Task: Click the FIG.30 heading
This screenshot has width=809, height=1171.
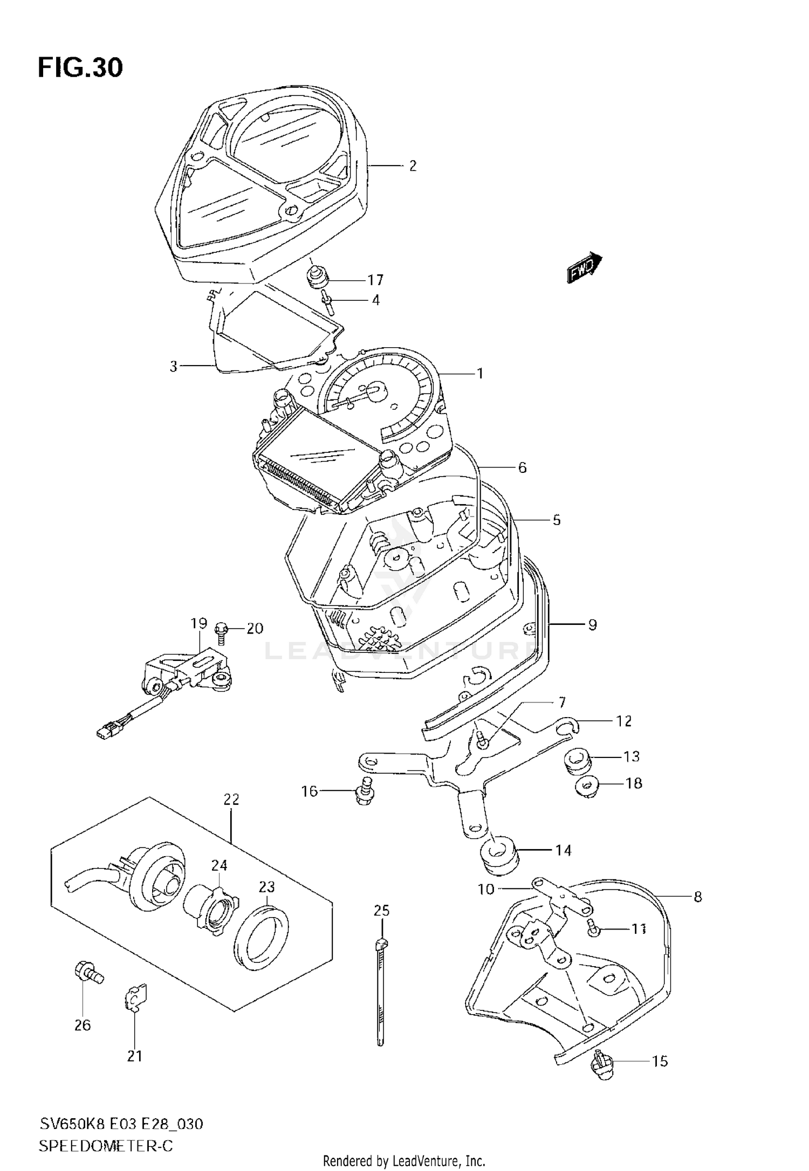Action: (x=80, y=68)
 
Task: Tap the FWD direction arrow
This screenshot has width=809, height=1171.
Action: (x=584, y=267)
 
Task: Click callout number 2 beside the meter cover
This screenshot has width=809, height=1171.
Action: (x=413, y=166)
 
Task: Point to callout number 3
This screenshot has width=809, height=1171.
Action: (x=173, y=367)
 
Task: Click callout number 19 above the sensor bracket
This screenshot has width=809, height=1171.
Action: (x=198, y=623)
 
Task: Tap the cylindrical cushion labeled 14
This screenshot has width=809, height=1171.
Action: (x=499, y=856)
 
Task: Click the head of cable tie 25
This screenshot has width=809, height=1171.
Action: (x=381, y=942)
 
